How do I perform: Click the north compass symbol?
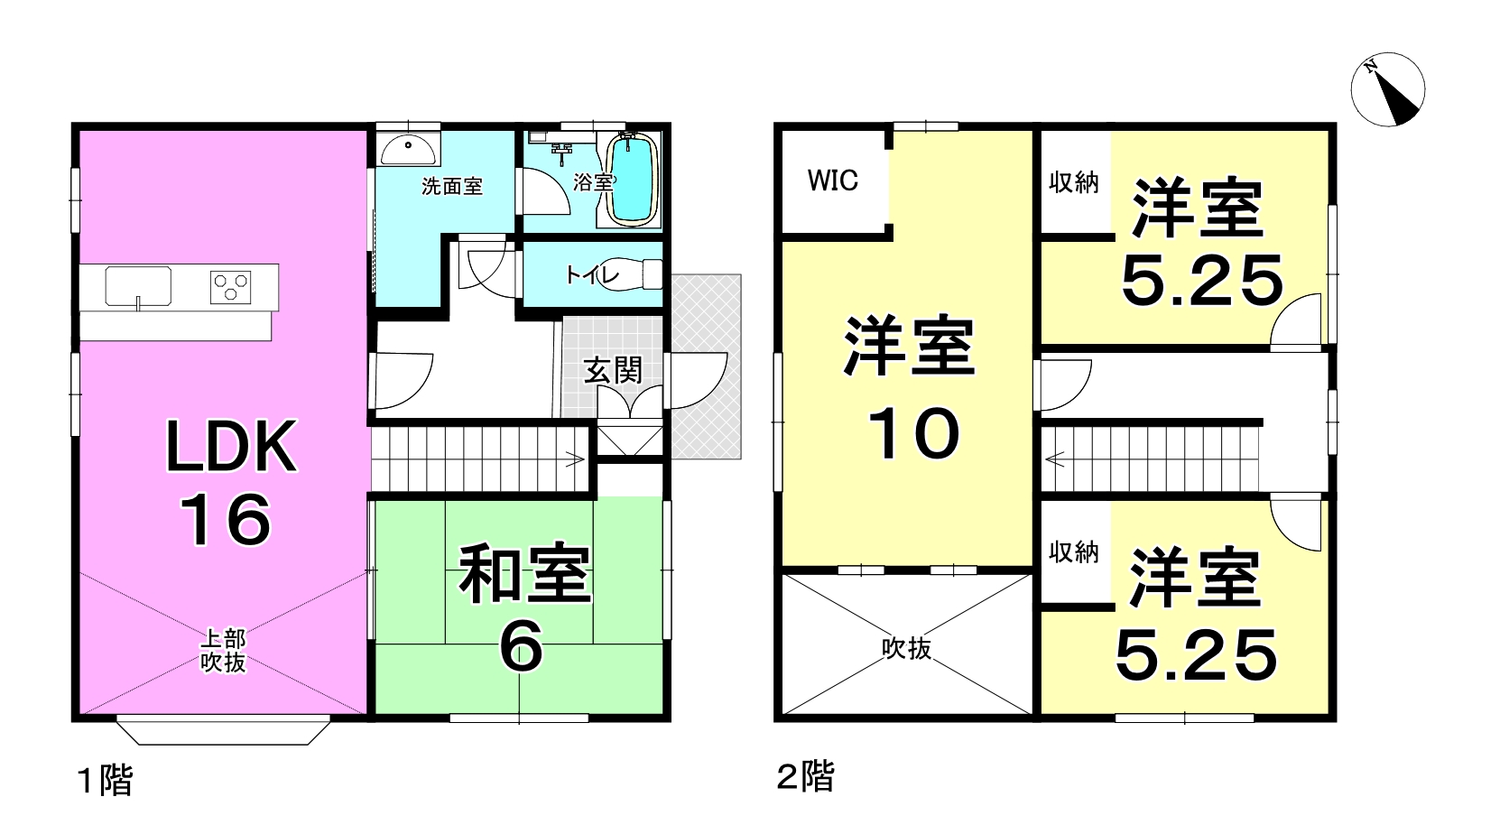coord(1388,89)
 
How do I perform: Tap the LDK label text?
coord(231,447)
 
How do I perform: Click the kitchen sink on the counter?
coord(138,287)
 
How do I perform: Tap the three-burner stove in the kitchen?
coord(230,287)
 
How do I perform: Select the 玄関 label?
coord(613,371)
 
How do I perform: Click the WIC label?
coord(833,181)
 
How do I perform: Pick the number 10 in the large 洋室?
coord(913,434)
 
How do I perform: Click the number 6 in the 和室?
coord(521,646)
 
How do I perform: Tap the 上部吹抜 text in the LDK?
coord(224,651)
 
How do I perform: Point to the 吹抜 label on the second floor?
coord(907,648)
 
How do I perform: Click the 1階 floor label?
coord(105,781)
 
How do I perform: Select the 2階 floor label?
coord(806,777)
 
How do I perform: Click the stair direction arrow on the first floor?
coord(574,461)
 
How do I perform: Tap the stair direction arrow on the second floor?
coord(1054,460)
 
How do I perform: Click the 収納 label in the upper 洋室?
coord(1074,182)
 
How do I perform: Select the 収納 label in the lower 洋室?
coord(1074,551)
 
